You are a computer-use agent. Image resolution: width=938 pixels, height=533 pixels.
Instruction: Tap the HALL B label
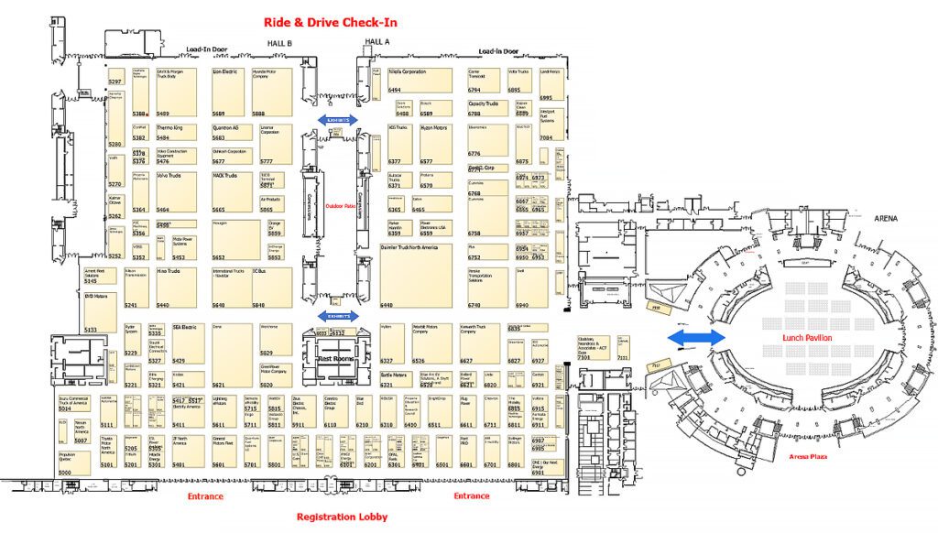click(278, 43)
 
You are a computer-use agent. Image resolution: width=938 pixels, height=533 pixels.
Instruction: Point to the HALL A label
click(376, 42)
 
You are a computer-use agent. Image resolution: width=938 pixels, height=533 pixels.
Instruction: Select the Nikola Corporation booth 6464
click(419, 80)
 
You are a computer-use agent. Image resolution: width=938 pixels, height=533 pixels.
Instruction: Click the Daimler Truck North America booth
click(417, 275)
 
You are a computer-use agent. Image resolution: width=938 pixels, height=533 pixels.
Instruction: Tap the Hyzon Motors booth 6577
click(435, 142)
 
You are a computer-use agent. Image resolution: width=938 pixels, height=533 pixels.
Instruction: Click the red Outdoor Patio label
click(342, 205)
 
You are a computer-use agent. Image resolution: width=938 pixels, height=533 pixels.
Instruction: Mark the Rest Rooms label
click(337, 360)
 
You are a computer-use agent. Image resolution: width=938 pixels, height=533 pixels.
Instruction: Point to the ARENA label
click(886, 219)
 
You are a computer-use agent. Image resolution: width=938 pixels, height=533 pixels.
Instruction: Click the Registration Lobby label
click(342, 517)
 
